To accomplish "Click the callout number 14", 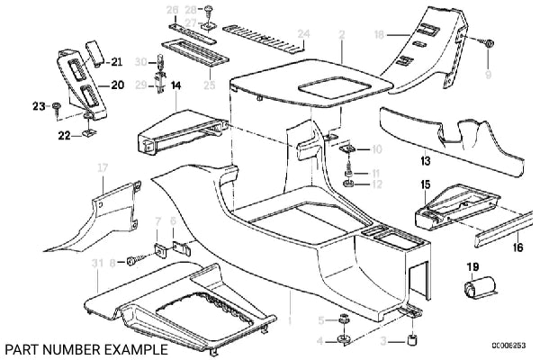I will point(175,86).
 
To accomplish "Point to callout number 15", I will point(425,185).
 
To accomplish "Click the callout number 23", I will point(38,106).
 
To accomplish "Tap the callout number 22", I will point(64,135).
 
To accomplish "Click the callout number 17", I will point(102,167).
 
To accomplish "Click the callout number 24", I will point(303,34).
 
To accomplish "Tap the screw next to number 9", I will point(488,42).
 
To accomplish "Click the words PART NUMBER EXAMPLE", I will point(85,347).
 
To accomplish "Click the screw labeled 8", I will point(133,261).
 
